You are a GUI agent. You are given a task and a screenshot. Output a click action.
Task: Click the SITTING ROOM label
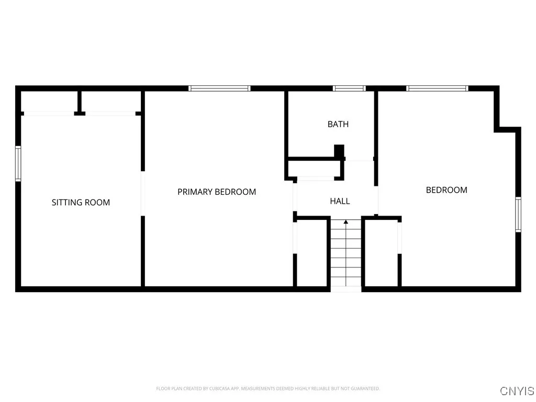click(x=81, y=203)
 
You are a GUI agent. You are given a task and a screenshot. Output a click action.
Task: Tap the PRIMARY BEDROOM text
click(x=217, y=192)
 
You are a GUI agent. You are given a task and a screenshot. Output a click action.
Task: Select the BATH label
click(x=338, y=125)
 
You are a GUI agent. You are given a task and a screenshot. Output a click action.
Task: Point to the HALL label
click(x=340, y=201)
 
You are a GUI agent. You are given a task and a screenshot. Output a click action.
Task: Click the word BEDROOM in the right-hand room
click(x=446, y=190)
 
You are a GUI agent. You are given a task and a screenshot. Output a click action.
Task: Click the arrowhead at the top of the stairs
click(x=345, y=222)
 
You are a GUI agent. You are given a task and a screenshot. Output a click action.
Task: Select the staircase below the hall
click(x=345, y=254)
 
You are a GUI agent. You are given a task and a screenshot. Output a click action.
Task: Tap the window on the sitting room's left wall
click(x=18, y=164)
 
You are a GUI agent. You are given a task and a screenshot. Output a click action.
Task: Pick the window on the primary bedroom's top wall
click(x=219, y=88)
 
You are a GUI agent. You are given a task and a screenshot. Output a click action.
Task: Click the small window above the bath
click(x=349, y=88)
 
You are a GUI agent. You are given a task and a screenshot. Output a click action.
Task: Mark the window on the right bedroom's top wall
click(x=437, y=88)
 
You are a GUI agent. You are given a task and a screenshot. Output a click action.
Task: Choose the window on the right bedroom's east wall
click(x=518, y=214)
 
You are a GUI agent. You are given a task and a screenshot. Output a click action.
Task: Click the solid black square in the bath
click(x=339, y=151)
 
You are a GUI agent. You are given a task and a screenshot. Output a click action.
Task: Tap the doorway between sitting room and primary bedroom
click(x=142, y=194)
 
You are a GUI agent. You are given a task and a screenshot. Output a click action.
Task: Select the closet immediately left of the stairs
click(x=312, y=253)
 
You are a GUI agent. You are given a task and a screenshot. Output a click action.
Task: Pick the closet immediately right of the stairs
click(x=381, y=253)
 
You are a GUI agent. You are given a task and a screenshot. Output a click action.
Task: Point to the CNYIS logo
click(x=517, y=391)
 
